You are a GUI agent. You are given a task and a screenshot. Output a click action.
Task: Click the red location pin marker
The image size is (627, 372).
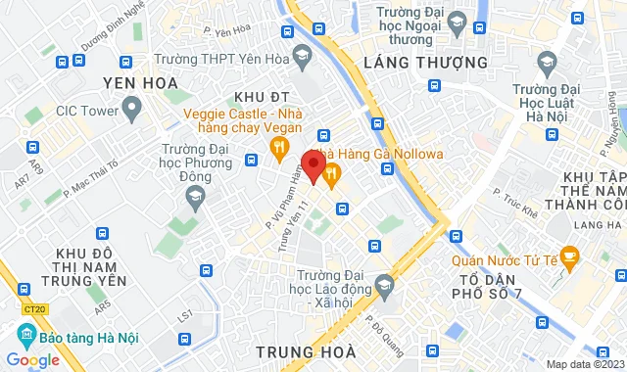click(313, 164)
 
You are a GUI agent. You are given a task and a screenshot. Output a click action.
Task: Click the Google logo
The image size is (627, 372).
click(33, 359)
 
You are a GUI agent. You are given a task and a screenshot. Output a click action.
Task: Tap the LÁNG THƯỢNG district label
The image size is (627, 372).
click(425, 62)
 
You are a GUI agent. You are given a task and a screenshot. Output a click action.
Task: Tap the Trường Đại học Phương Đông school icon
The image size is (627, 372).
click(194, 196)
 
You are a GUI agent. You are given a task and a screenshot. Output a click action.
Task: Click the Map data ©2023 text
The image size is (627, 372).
click(583, 364)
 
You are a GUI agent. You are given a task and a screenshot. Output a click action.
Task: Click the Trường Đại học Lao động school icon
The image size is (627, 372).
click(383, 287)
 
